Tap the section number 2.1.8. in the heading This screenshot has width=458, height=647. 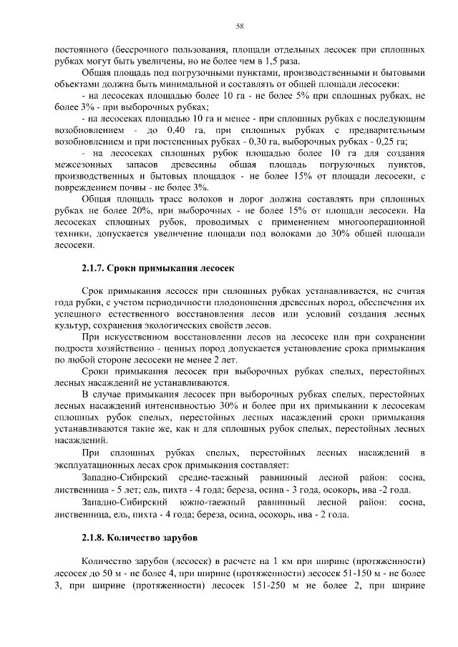pos(94,535)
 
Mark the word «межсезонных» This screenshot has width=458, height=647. pos(83,164)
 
